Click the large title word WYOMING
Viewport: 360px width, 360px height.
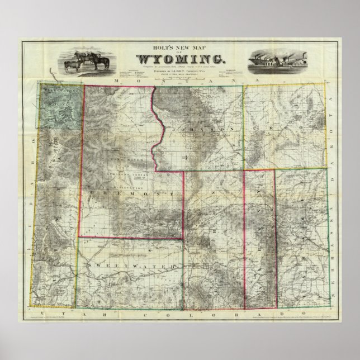tap(179, 58)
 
